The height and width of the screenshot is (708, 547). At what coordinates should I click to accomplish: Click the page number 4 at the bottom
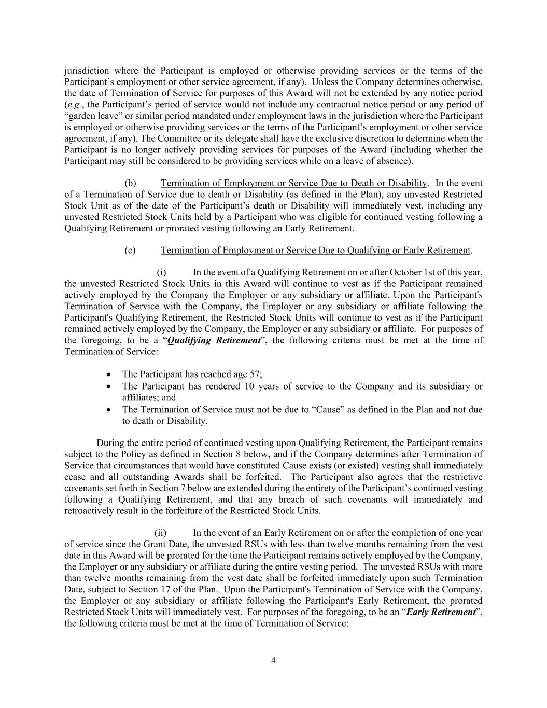tap(273, 660)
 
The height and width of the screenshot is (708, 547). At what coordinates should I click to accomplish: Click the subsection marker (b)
tap(130, 183)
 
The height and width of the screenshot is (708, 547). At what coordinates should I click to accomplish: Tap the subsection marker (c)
tap(130, 251)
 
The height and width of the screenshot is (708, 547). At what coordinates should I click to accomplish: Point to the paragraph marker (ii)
tap(160, 533)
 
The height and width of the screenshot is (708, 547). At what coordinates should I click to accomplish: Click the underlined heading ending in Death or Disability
tap(293, 183)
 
